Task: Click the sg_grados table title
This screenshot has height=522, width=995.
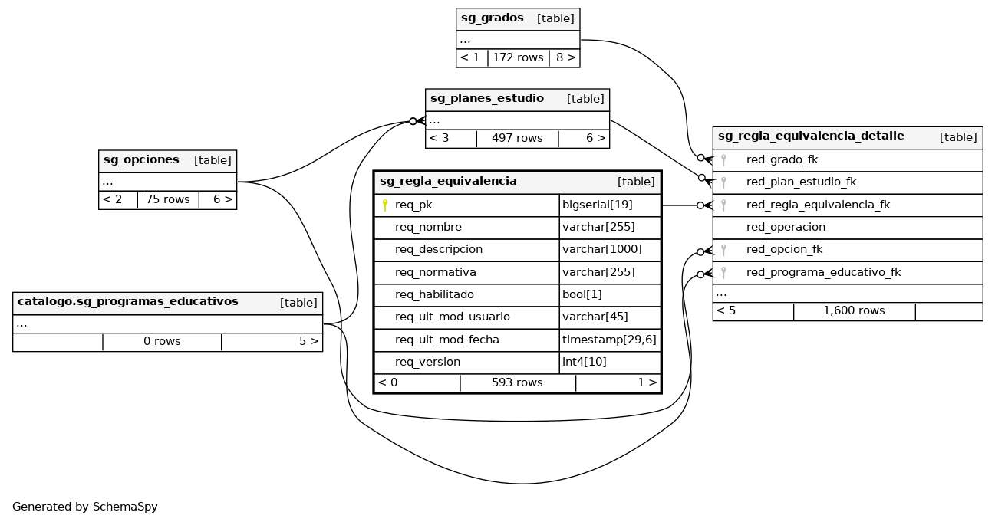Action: (x=492, y=18)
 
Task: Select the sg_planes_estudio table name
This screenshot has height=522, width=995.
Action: (x=486, y=99)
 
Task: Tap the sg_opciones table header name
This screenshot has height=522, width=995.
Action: (x=141, y=160)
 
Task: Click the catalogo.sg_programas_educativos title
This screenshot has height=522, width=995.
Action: (x=127, y=302)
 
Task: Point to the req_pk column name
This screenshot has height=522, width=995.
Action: (x=413, y=205)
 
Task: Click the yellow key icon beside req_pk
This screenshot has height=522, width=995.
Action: (x=384, y=205)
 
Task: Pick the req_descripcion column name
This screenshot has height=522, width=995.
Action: (x=439, y=250)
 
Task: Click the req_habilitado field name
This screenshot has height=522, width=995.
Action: (x=434, y=294)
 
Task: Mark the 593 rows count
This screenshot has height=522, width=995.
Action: (x=517, y=382)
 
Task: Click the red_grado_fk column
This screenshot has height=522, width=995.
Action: (x=782, y=160)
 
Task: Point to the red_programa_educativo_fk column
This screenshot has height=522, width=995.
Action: (x=812, y=272)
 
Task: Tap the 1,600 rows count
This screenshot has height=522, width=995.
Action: (x=854, y=311)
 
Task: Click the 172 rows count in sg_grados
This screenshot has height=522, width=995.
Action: (x=518, y=57)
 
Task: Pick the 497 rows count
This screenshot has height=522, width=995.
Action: (x=517, y=139)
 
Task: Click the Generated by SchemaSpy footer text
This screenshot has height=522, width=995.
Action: (x=85, y=507)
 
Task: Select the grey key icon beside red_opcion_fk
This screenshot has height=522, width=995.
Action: (x=723, y=250)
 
